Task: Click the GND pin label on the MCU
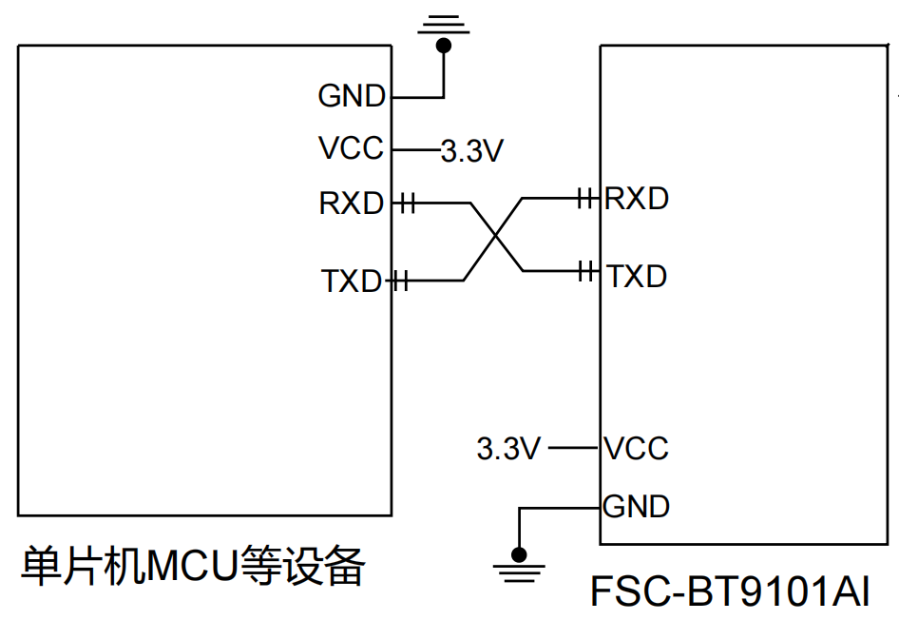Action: [352, 96]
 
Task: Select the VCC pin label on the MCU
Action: [352, 148]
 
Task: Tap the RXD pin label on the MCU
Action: [352, 203]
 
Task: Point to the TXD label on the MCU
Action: [351, 281]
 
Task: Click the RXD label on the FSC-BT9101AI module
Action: [637, 199]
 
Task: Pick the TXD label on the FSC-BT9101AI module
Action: [637, 277]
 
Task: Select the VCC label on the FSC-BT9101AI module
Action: [637, 448]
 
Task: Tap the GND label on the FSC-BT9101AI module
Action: [637, 506]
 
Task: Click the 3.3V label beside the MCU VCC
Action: [471, 151]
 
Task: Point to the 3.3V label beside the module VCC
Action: [508, 448]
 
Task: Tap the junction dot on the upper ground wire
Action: [444, 44]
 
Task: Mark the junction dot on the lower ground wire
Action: [518, 553]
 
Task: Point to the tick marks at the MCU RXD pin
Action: [408, 203]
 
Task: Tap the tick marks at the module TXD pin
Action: [587, 271]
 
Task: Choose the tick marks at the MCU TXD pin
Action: [401, 281]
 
